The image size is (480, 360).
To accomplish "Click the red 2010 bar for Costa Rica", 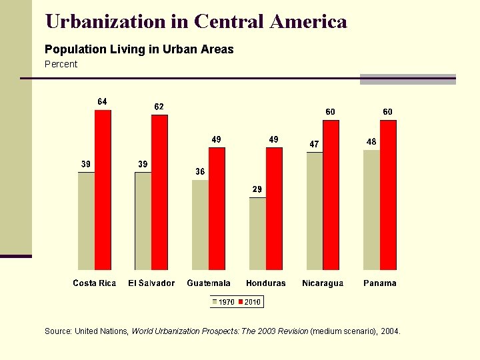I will pyautogui.click(x=103, y=190).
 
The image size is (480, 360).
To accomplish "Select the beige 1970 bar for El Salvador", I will pyautogui.click(x=143, y=221).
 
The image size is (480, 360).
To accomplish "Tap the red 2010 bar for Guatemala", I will pyautogui.click(x=217, y=209).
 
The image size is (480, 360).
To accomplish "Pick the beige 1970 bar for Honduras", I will pyautogui.click(x=257, y=233).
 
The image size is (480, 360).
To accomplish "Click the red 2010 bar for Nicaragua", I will pyautogui.click(x=331, y=195).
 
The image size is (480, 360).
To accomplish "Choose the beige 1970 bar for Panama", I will pyautogui.click(x=371, y=209).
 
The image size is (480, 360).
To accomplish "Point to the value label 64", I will pyautogui.click(x=102, y=102).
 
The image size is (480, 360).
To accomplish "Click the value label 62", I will pyautogui.click(x=159, y=107).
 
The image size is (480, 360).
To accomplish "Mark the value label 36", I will pyautogui.click(x=200, y=172).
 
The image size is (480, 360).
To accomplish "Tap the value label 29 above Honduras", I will pyautogui.click(x=257, y=190).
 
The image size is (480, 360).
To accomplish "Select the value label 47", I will pyautogui.click(x=314, y=144).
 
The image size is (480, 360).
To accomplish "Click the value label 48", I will pyautogui.click(x=371, y=142).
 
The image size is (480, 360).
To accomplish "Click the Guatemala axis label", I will pyautogui.click(x=209, y=283).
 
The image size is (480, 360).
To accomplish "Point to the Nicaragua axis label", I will pyautogui.click(x=323, y=283).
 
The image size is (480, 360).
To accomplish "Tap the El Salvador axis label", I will pyautogui.click(x=151, y=283).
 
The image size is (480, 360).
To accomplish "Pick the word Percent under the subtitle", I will pyautogui.click(x=61, y=64).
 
